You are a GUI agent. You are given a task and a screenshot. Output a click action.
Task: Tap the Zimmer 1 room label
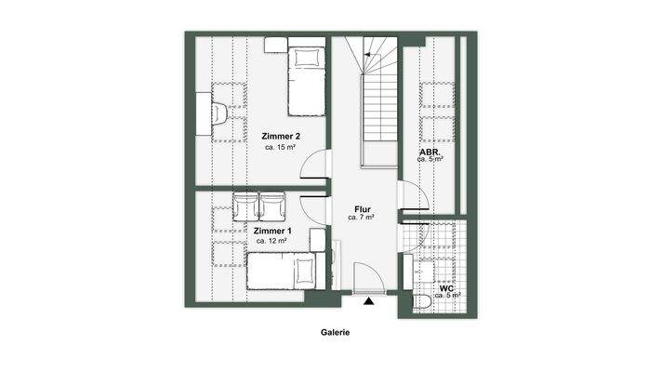(272, 231)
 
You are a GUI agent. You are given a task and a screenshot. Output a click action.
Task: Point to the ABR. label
(430, 151)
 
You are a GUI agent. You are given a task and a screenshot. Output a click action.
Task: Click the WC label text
(446, 288)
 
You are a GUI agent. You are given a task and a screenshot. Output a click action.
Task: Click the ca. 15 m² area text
(281, 147)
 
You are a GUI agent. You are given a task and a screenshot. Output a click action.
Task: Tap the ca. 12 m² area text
(272, 241)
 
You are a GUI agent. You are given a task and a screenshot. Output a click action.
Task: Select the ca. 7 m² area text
(361, 218)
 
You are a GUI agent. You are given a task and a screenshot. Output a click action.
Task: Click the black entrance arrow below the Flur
(369, 300)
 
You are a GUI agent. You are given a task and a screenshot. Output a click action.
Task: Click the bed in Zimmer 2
(305, 79)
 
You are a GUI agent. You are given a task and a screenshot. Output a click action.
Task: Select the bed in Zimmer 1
(282, 273)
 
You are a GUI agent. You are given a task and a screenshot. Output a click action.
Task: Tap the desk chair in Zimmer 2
(220, 112)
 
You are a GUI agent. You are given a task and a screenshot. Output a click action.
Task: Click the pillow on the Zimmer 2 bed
(305, 57)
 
